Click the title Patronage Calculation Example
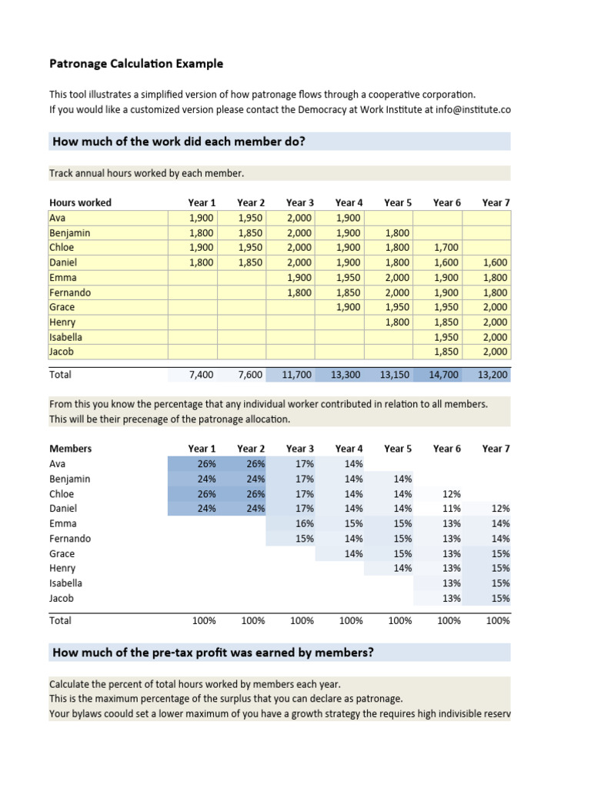pos(136,63)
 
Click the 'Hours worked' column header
pos(80,202)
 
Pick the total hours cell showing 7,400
pos(202,375)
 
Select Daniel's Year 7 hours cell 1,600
pos(496,262)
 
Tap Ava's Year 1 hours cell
pos(202,218)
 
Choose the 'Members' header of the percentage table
pos(70,449)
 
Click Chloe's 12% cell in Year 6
pos(452,494)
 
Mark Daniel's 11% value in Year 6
pos(452,509)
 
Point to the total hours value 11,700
pos(299,375)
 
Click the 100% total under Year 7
pos(498,620)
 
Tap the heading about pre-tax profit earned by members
pos(213,653)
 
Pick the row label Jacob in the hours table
pos(61,352)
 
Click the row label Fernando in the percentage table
pos(70,539)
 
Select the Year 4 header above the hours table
pos(349,202)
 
